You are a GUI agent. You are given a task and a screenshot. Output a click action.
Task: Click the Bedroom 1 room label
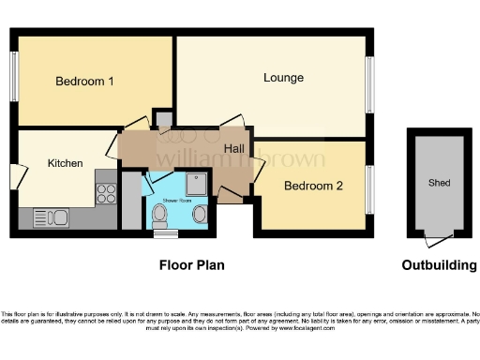[84, 82]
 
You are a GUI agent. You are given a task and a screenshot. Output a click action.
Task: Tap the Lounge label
[283, 78]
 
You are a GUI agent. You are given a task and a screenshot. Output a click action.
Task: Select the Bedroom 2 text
[313, 186]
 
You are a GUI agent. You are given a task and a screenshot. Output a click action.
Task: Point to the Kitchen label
[66, 163]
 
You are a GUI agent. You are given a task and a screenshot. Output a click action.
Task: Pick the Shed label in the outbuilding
[438, 181]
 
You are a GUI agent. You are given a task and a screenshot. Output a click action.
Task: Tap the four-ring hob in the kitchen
[106, 192]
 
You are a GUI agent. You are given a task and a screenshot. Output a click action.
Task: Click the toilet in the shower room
[160, 217]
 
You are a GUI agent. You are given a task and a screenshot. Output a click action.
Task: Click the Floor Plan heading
[191, 265]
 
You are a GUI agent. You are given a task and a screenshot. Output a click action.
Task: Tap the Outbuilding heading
[439, 265]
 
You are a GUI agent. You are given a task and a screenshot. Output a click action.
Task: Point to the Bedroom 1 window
[14, 76]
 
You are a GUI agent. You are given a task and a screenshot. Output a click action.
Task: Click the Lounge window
[370, 82]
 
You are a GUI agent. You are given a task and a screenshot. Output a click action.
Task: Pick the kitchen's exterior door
[14, 175]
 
